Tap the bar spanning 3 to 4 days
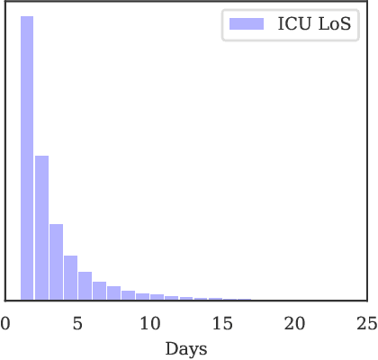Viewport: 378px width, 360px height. click(56, 262)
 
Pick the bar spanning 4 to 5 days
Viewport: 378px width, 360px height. click(70, 278)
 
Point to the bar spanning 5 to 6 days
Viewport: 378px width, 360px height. click(85, 286)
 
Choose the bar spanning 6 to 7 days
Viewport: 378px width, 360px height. click(99, 292)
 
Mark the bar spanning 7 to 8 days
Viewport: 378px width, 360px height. click(113, 294)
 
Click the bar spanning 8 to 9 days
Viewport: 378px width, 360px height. click(128, 296)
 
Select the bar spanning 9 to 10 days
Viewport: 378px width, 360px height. click(142, 297)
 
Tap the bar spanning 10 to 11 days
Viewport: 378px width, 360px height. click(157, 298)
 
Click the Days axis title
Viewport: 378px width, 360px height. click(186, 348)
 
